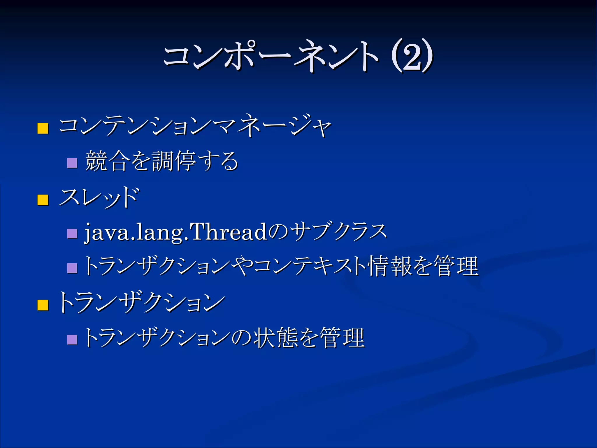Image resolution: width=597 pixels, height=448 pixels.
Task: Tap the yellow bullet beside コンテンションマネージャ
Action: coord(43,128)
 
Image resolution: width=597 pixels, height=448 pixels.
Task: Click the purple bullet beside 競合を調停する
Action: coord(72,163)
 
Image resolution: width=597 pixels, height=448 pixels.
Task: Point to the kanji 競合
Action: coord(107,161)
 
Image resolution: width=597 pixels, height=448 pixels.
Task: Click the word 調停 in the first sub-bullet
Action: coord(174,161)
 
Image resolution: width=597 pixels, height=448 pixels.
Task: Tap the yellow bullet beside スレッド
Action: coord(43,200)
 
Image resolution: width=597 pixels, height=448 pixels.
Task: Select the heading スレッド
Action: coord(99,198)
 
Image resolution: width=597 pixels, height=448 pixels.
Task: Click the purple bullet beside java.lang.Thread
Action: coord(72,233)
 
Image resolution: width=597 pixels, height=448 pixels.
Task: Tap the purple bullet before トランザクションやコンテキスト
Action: coord(72,268)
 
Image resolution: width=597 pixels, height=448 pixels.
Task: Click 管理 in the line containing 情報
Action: coord(456,266)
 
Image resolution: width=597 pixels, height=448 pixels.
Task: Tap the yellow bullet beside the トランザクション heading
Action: coord(43,305)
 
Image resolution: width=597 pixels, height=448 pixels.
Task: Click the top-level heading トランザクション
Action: coord(141,303)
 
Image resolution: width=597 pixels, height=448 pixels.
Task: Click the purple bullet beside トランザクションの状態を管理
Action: coord(72,339)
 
